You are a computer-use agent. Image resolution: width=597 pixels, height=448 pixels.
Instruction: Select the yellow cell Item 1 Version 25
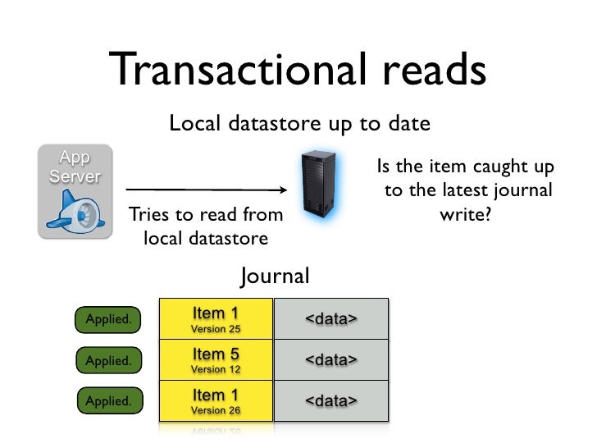point(215,319)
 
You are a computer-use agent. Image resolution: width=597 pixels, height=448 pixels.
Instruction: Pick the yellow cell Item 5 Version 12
point(215,360)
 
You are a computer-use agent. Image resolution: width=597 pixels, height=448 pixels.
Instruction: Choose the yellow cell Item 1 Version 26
point(215,401)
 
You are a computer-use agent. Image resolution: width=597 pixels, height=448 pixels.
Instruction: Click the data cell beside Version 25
point(330,319)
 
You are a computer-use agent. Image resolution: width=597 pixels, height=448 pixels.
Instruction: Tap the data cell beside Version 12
point(330,360)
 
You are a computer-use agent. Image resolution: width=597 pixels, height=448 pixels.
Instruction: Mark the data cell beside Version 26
point(330,401)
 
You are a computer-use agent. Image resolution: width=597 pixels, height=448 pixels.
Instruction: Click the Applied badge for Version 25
point(108,319)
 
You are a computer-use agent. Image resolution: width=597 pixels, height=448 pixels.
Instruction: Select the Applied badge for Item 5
point(108,360)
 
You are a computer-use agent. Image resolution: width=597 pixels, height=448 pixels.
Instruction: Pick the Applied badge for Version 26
point(108,401)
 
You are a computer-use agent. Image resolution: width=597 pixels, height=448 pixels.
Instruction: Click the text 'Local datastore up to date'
point(298,125)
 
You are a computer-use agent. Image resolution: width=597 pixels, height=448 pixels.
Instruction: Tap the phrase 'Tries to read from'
point(204,217)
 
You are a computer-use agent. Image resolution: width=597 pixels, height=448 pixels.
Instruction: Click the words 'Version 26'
point(215,409)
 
